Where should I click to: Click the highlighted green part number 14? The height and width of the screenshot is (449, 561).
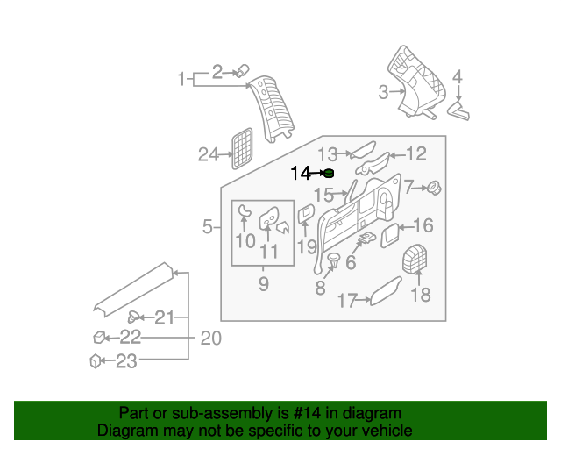point(329,174)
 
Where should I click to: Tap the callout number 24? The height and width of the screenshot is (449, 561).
point(208,155)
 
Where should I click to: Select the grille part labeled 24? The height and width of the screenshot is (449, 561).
point(242,148)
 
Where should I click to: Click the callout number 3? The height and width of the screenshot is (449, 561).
point(383,92)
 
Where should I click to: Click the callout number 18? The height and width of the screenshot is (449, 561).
point(422,295)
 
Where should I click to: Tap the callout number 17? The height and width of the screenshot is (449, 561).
point(348,302)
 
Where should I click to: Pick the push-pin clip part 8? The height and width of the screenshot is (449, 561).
point(334,259)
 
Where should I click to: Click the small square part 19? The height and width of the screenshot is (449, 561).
point(307,213)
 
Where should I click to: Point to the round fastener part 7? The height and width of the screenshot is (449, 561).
point(432,187)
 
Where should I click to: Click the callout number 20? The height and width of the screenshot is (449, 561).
point(210,339)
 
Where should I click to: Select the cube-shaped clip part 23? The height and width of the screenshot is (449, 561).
point(96,360)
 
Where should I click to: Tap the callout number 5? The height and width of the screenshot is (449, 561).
point(208,228)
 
